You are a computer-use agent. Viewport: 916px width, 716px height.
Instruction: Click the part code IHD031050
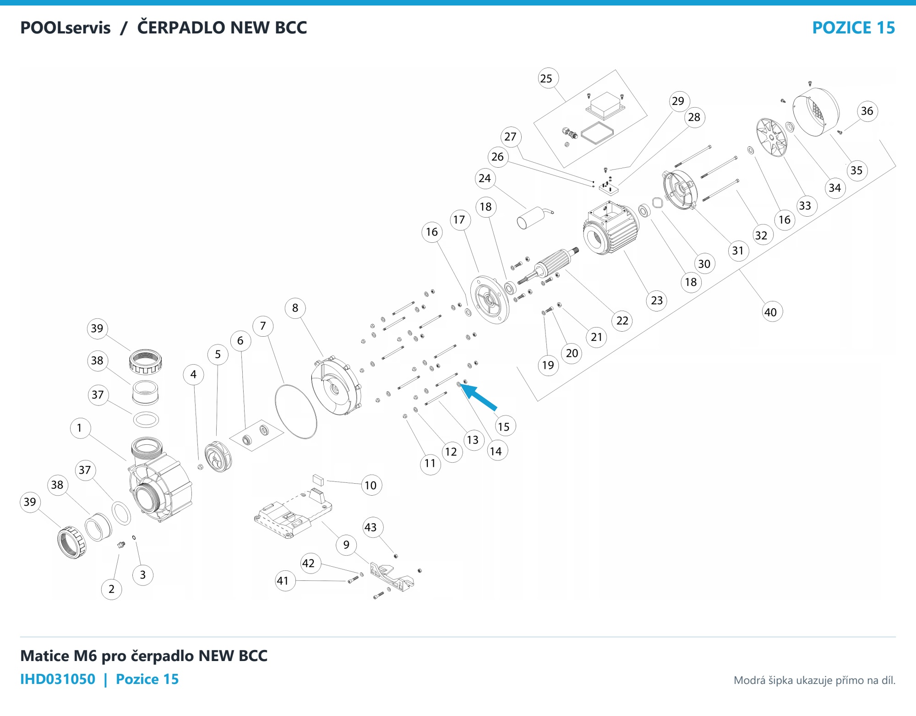click(58, 679)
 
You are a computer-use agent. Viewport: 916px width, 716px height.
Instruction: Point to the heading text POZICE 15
click(853, 27)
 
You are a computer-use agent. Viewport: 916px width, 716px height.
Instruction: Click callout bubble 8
click(295, 308)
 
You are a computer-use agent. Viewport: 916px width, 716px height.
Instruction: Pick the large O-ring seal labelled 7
click(296, 411)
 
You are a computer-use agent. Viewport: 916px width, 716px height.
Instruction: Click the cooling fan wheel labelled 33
click(772, 137)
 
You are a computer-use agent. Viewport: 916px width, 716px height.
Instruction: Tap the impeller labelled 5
click(218, 456)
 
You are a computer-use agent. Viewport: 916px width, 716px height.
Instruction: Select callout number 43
click(371, 527)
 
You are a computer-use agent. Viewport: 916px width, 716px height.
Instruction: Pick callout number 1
click(80, 428)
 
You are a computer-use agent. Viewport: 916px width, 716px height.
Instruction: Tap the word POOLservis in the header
click(65, 27)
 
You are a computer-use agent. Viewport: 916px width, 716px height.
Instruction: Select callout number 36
click(867, 111)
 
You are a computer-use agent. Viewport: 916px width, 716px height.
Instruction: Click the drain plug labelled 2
click(121, 545)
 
